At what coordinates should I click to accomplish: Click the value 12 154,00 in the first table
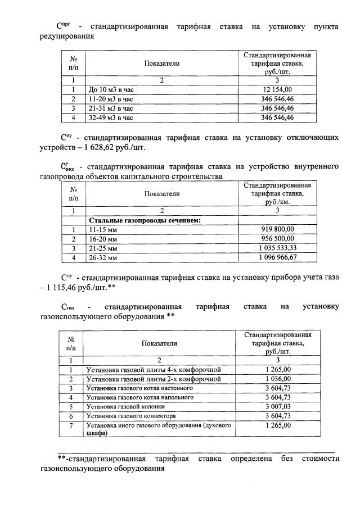pyautogui.click(x=277, y=89)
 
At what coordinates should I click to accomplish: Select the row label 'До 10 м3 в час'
pyautogui.click(x=111, y=89)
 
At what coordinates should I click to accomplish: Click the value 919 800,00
pyautogui.click(x=277, y=229)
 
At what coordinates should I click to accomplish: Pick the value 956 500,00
pyautogui.click(x=277, y=238)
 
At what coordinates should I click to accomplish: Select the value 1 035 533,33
pyautogui.click(x=277, y=248)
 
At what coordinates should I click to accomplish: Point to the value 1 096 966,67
pyautogui.click(x=277, y=257)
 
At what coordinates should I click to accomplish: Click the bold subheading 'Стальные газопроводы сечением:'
pyautogui.click(x=145, y=220)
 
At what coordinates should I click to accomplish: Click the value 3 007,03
pyautogui.click(x=277, y=406)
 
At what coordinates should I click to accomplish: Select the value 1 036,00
pyautogui.click(x=277, y=379)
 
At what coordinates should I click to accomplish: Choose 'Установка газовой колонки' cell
pyautogui.click(x=125, y=407)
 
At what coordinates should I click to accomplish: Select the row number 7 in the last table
pyautogui.click(x=71, y=425)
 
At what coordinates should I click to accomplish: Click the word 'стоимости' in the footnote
pyautogui.click(x=321, y=459)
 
